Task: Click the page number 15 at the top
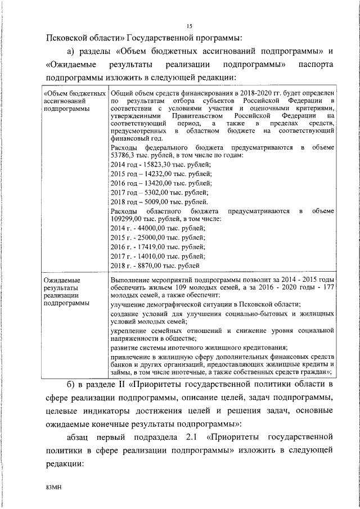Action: pyautogui.click(x=189, y=25)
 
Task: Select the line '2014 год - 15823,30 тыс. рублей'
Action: pyautogui.click(x=161, y=164)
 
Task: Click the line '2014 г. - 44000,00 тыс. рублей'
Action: pyautogui.click(x=158, y=228)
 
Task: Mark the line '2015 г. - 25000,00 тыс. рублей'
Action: pyautogui.click(x=158, y=238)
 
